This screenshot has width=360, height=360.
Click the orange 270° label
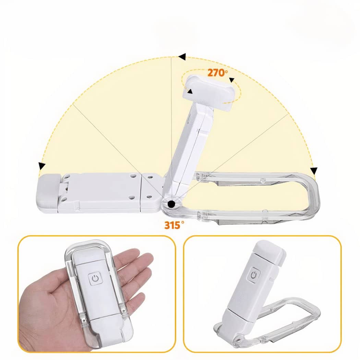coord(218,73)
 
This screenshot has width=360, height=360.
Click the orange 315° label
coord(174,225)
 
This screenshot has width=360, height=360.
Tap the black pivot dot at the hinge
coord(171,204)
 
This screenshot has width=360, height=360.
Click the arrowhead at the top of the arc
coord(182,57)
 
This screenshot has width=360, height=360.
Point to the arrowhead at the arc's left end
coord(42,166)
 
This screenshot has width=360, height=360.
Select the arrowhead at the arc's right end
coord(314,171)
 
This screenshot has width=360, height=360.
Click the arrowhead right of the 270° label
coord(232,80)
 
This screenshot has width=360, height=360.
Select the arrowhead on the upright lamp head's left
coord(190,91)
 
